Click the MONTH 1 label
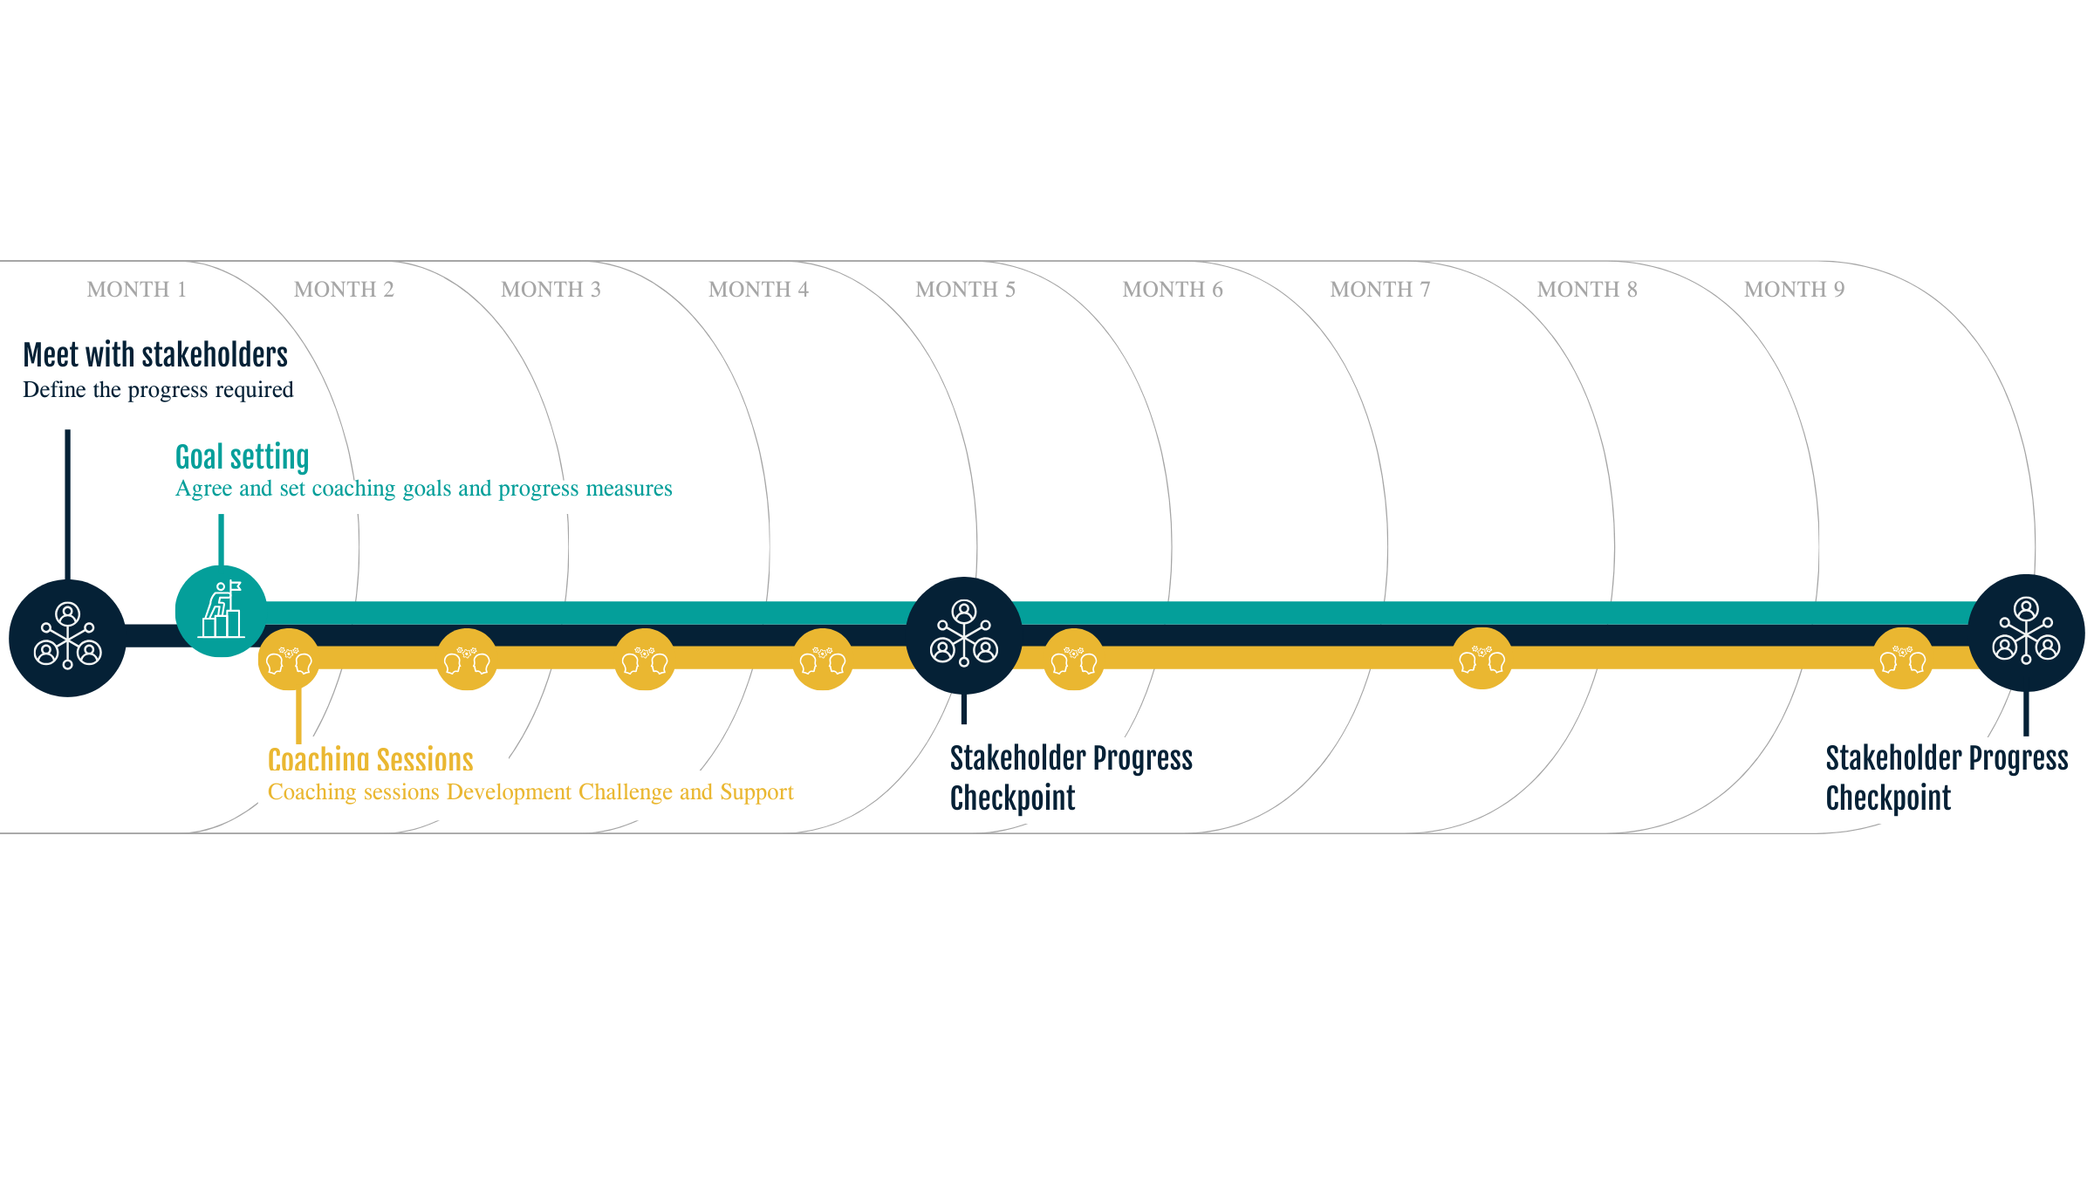(x=136, y=290)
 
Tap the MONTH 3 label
(x=551, y=290)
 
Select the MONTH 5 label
(x=965, y=290)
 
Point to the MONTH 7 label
(x=1379, y=290)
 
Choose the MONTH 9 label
(x=1794, y=290)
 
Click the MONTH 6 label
(x=1172, y=290)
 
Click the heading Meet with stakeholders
(x=155, y=355)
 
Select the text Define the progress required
(x=158, y=390)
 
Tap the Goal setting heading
(x=242, y=457)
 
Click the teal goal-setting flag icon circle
(x=221, y=611)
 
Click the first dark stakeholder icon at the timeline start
(x=67, y=638)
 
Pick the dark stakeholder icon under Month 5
(x=964, y=634)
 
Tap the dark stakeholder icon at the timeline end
(x=2026, y=632)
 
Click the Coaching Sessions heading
(x=370, y=759)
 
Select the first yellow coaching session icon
(x=289, y=660)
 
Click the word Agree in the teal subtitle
(x=203, y=490)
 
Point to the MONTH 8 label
(x=1586, y=290)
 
